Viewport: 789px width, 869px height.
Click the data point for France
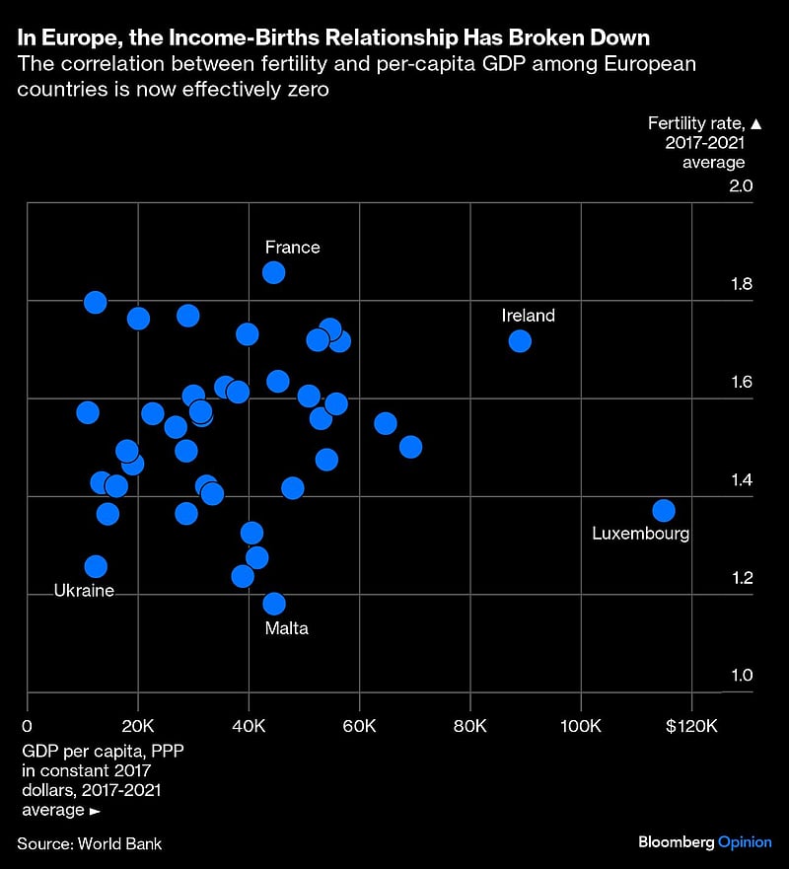(274, 272)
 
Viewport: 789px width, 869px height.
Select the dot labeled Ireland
(520, 341)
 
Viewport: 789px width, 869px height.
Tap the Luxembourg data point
(664, 511)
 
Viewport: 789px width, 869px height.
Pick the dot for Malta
(274, 604)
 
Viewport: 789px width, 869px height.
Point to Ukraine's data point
(96, 566)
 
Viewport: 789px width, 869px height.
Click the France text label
(292, 248)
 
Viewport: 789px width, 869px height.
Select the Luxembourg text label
(640, 534)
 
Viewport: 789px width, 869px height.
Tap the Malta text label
(286, 627)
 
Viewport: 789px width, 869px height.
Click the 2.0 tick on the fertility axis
(741, 186)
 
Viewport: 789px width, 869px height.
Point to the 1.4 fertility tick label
(741, 480)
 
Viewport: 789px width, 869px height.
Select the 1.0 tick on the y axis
(741, 676)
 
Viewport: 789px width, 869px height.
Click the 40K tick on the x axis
(249, 727)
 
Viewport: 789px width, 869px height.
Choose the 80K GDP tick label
(470, 727)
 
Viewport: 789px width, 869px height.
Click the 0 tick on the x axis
(28, 727)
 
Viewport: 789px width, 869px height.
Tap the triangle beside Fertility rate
(756, 123)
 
